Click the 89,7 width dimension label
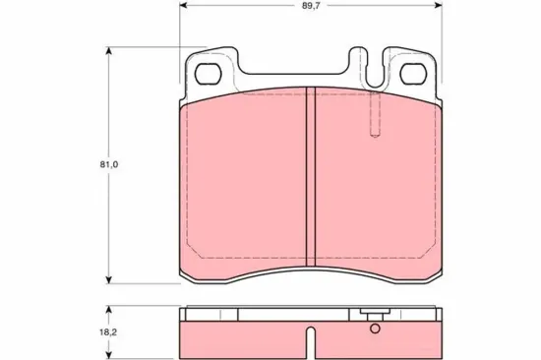[x=310, y=6]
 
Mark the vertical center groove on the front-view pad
[x=310, y=177]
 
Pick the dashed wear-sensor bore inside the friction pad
[x=372, y=118]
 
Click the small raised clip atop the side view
[x=373, y=312]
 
